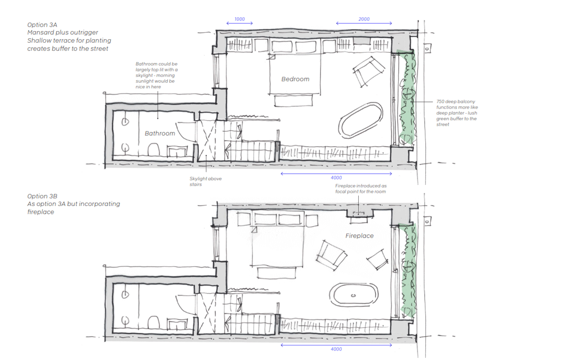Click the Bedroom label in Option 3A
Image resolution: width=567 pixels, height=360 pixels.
[296, 79]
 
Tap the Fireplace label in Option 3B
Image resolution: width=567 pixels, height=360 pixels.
[359, 235]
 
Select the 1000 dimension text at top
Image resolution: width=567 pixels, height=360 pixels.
[239, 19]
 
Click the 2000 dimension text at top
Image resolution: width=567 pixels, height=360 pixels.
[364, 19]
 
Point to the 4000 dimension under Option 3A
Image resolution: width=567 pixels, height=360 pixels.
[336, 178]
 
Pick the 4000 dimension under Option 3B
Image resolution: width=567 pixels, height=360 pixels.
[336, 349]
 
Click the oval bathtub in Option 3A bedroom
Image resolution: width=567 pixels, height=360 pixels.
[360, 121]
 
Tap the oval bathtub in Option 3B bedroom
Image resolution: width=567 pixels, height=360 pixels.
[354, 295]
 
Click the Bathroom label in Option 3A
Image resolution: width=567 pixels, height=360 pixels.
[160, 133]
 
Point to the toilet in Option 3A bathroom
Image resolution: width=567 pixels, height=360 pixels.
[154, 149]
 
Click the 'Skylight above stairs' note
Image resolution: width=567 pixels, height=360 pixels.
[205, 181]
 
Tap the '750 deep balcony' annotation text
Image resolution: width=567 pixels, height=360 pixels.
[457, 113]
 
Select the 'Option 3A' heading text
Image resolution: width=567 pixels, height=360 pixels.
[42, 24]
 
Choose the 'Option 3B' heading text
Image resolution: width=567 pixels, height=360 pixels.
[42, 196]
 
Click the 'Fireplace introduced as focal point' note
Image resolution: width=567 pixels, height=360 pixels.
[360, 188]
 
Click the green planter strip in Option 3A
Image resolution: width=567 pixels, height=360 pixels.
[407, 97]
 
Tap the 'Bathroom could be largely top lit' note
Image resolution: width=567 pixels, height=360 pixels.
[157, 75]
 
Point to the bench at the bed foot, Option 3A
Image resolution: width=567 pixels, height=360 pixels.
[293, 100]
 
